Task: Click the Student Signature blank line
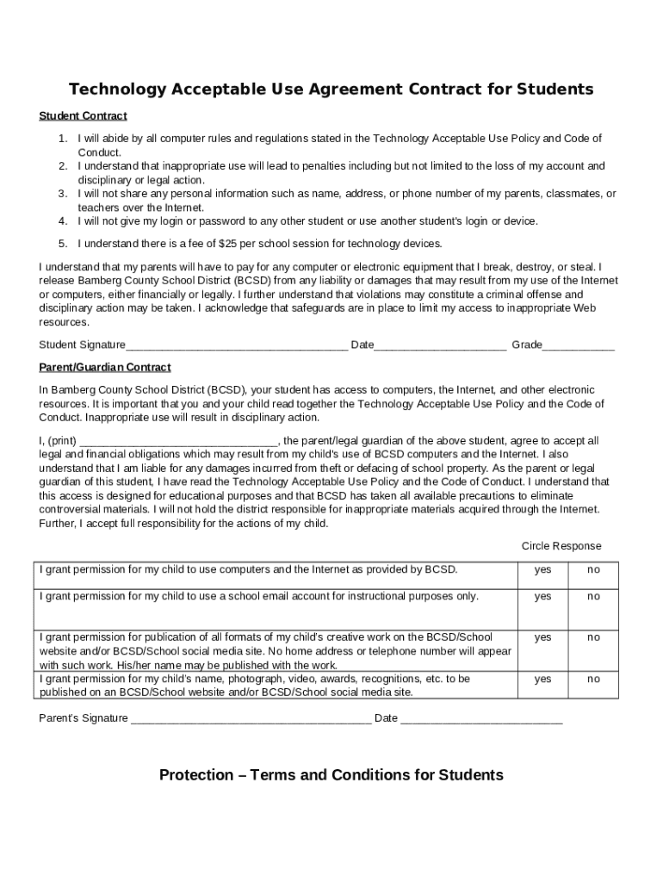[237, 346]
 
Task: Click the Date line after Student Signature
[440, 346]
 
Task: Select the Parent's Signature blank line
[251, 719]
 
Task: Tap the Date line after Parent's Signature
[481, 719]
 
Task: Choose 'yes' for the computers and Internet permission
[542, 570]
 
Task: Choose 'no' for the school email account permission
[594, 597]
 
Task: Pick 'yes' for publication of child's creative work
[542, 638]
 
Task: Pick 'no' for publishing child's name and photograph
[594, 680]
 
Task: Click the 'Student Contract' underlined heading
[83, 116]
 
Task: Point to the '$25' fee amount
[229, 244]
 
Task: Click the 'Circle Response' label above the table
[561, 546]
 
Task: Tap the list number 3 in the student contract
[63, 194]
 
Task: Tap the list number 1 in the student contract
[63, 139]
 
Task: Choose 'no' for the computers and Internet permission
[594, 570]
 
